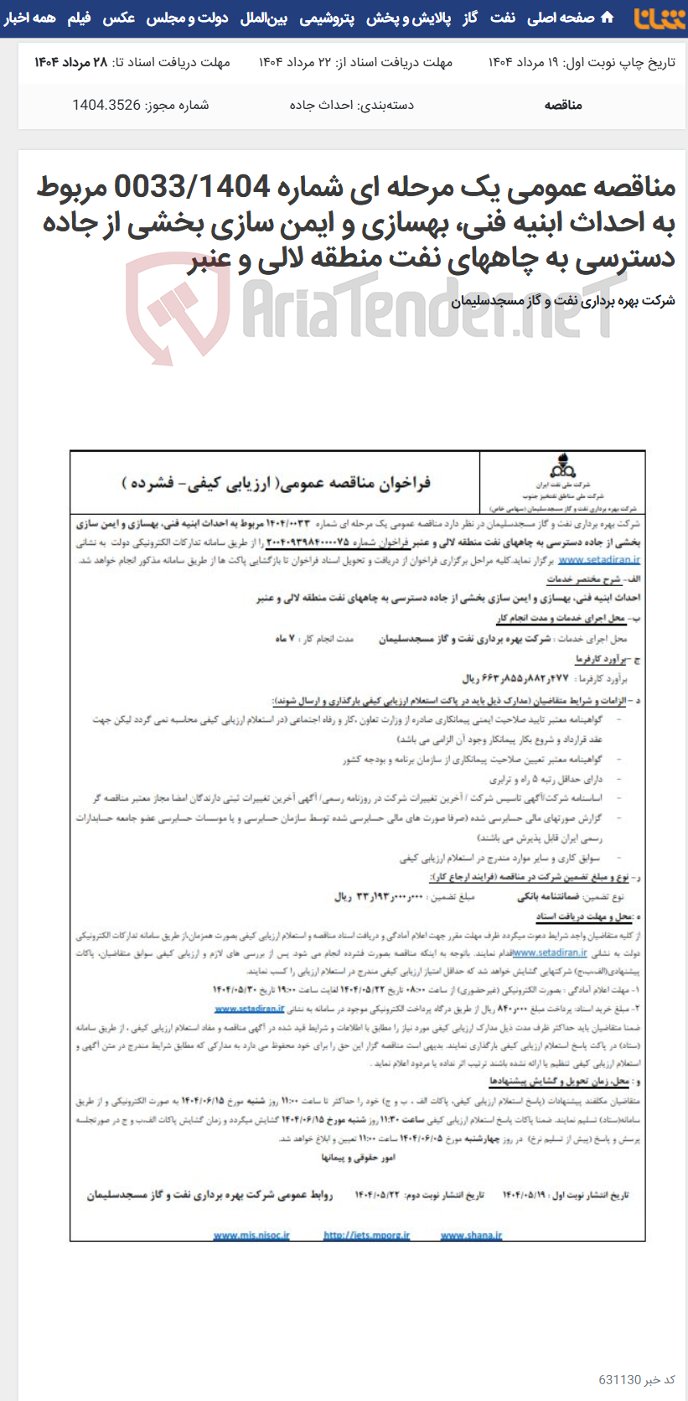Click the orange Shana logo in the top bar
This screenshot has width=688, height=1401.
point(659,18)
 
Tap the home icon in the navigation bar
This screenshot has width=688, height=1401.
point(608,18)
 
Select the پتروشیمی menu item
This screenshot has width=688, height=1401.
point(327,18)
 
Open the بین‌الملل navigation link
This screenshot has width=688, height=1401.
point(264,18)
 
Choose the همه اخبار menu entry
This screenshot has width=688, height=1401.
point(30,18)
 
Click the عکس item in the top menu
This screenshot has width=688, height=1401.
point(119,18)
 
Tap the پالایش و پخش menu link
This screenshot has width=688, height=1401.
point(408,18)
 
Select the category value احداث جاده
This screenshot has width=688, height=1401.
point(321,105)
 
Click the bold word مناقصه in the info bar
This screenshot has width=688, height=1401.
point(563,105)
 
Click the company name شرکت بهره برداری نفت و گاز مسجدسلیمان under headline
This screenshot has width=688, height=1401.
point(562,301)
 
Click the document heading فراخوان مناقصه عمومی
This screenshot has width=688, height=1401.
point(277,483)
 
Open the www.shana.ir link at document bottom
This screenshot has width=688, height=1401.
point(471,1235)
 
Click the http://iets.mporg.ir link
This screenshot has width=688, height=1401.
point(366,1235)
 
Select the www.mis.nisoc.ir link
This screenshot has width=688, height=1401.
point(251,1235)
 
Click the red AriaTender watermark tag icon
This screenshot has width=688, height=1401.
point(178,307)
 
